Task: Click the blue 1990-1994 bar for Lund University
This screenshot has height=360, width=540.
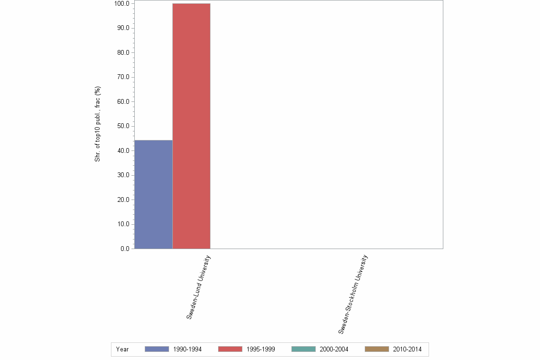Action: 153,194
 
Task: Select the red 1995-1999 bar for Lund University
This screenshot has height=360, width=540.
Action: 191,126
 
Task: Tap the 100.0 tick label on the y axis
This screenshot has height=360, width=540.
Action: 122,4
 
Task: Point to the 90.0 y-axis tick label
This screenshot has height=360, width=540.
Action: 123,28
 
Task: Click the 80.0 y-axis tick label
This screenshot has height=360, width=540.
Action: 123,52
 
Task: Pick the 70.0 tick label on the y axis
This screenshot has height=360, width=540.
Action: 123,77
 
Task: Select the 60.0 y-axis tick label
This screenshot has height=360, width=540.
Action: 123,102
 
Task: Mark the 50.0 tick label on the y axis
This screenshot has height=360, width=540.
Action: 123,126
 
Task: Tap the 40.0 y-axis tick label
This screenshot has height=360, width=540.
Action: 123,151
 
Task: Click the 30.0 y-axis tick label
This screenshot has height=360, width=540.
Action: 123,175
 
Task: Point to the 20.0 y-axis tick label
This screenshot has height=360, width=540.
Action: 123,200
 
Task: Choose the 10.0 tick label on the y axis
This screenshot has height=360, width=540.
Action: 123,224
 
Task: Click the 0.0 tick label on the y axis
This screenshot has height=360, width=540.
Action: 125,249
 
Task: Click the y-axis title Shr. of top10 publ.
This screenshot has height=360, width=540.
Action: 97,124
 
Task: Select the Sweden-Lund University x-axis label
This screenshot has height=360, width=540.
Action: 199,287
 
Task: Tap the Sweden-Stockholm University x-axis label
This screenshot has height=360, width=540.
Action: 353,294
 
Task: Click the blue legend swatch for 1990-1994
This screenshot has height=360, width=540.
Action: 157,349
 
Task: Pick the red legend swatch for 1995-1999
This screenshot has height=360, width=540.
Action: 230,349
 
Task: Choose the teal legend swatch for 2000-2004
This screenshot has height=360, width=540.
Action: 303,349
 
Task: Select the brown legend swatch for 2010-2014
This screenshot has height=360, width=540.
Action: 377,349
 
